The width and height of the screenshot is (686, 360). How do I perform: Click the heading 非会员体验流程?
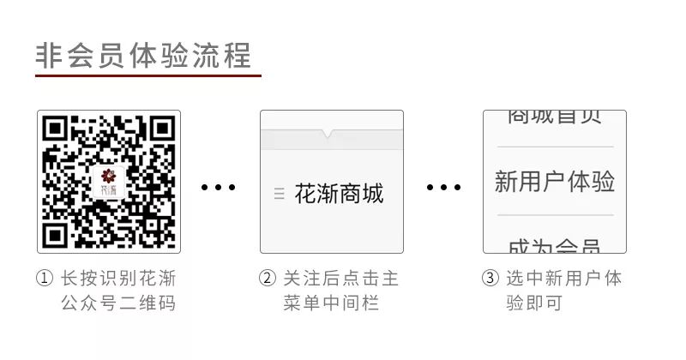click(x=143, y=55)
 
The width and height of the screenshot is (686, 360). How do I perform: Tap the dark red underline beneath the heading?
click(x=147, y=75)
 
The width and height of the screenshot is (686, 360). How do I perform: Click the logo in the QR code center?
click(x=109, y=181)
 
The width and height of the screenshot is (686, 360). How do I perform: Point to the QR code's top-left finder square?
click(x=57, y=130)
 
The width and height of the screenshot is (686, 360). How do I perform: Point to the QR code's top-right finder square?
click(x=160, y=130)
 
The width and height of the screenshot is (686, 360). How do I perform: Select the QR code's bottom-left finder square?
click(x=57, y=233)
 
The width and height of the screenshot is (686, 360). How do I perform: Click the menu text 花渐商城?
click(x=339, y=194)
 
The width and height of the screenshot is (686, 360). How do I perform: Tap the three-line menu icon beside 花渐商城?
click(x=279, y=194)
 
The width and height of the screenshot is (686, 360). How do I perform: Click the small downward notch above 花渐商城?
click(x=328, y=134)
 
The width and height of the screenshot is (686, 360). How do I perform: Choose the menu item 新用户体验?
click(x=555, y=182)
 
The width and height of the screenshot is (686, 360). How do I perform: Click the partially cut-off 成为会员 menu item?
click(x=555, y=246)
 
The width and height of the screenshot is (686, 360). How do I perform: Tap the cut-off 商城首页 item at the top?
click(x=555, y=117)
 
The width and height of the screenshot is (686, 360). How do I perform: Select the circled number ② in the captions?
click(x=268, y=279)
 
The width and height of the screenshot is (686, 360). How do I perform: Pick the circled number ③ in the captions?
click(x=490, y=279)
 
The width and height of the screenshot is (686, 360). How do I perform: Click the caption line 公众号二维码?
click(x=118, y=303)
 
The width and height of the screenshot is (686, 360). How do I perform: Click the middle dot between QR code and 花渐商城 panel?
click(x=219, y=187)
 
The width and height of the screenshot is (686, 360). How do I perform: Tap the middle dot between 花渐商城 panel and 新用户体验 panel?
click(x=443, y=187)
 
